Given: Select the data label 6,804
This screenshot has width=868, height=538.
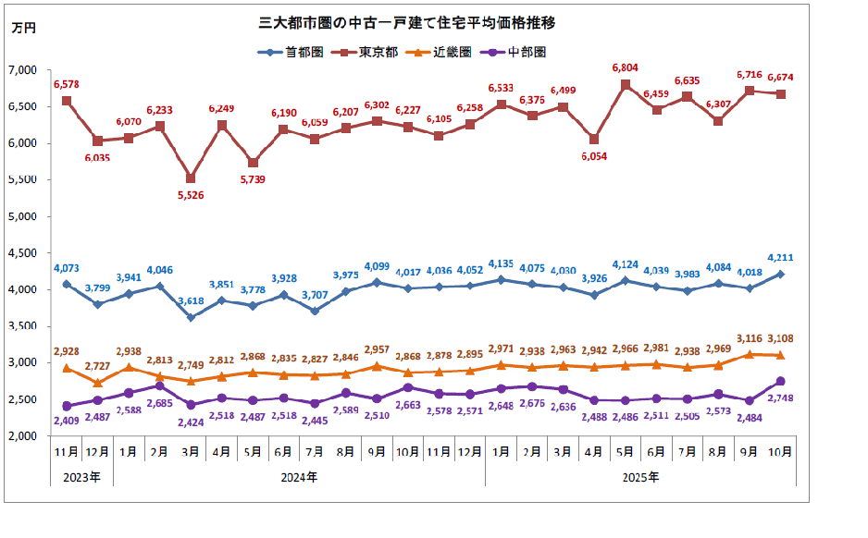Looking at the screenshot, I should click(x=626, y=68).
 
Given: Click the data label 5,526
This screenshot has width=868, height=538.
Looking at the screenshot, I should click(x=190, y=196).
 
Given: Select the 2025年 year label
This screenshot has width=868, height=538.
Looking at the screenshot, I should click(x=639, y=478).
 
